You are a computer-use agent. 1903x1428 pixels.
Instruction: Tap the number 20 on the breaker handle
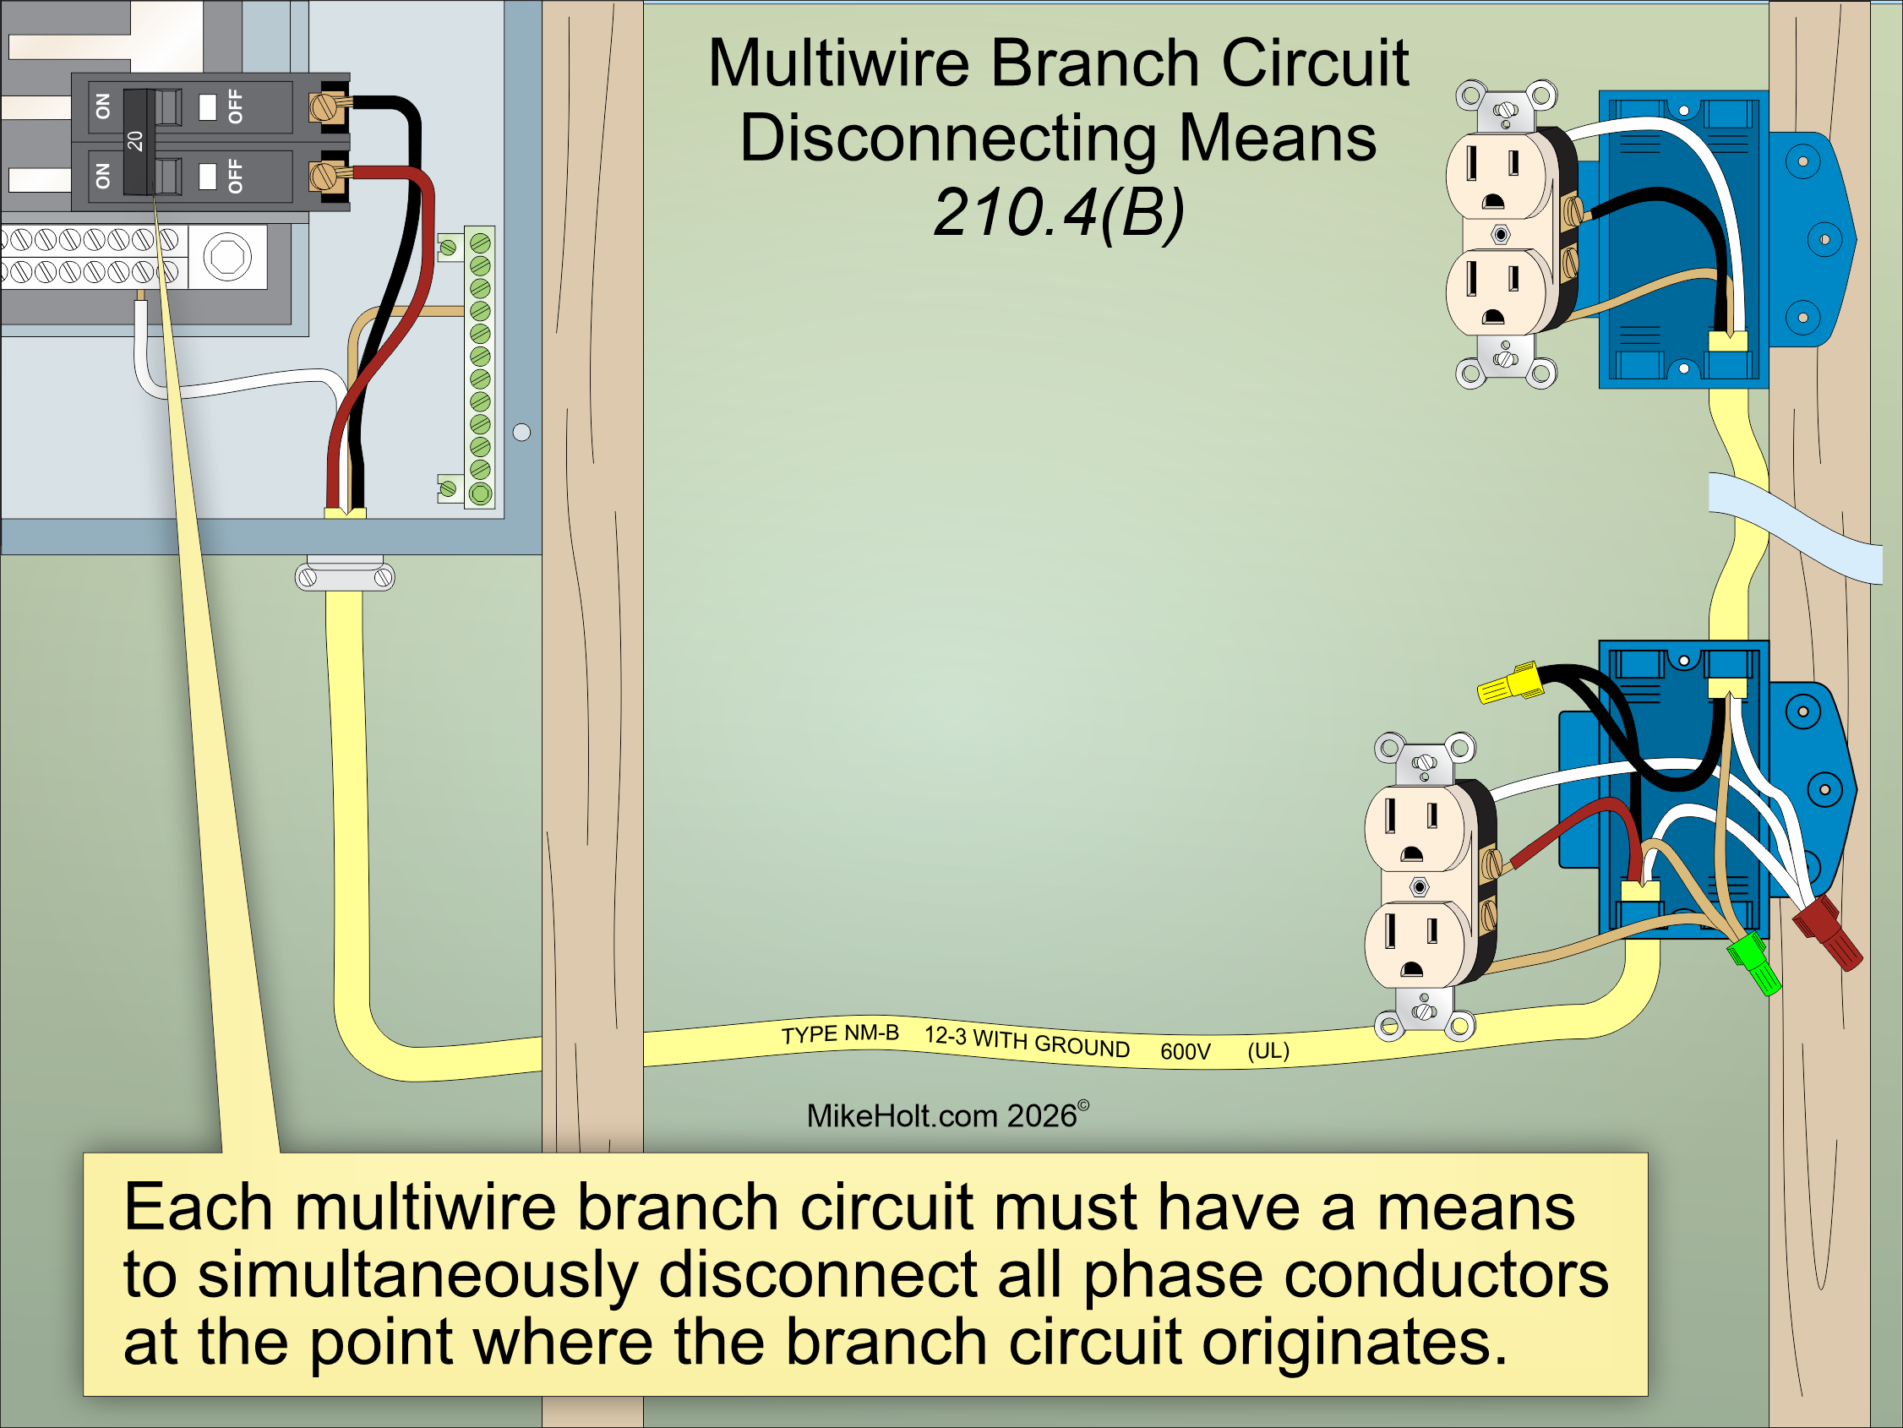[x=135, y=140]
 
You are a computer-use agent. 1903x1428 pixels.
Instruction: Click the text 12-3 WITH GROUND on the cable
[x=1027, y=1041]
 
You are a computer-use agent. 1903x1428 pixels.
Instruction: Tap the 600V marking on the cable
[x=1185, y=1051]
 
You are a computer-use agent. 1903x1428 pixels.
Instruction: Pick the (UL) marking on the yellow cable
[x=1268, y=1050]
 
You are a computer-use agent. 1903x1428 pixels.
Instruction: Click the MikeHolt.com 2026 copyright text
[x=947, y=1115]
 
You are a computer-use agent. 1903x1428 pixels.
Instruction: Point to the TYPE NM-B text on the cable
[x=840, y=1033]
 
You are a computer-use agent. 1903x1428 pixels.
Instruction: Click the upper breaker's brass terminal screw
[x=324, y=107]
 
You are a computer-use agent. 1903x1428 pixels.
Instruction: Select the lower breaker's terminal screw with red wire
[x=324, y=177]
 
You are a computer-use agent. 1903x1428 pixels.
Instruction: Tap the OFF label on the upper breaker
[x=235, y=106]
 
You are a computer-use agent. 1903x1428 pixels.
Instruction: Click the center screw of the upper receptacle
[x=1501, y=234]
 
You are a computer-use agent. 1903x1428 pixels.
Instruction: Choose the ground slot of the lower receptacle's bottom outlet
[x=1412, y=969]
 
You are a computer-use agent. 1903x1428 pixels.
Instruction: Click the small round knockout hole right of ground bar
[x=521, y=433]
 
